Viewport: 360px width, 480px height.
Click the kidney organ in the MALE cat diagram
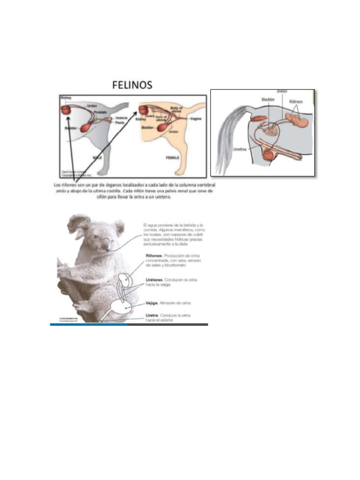(66, 111)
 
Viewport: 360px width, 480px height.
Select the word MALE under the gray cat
(97, 158)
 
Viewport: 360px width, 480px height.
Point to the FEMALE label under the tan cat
(172, 158)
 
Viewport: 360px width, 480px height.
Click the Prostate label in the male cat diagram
(100, 112)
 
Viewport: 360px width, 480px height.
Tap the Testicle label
(121, 118)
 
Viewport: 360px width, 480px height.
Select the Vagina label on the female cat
(196, 119)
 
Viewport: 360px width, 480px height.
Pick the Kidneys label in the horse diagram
(296, 101)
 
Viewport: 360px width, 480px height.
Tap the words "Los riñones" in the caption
(64, 185)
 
